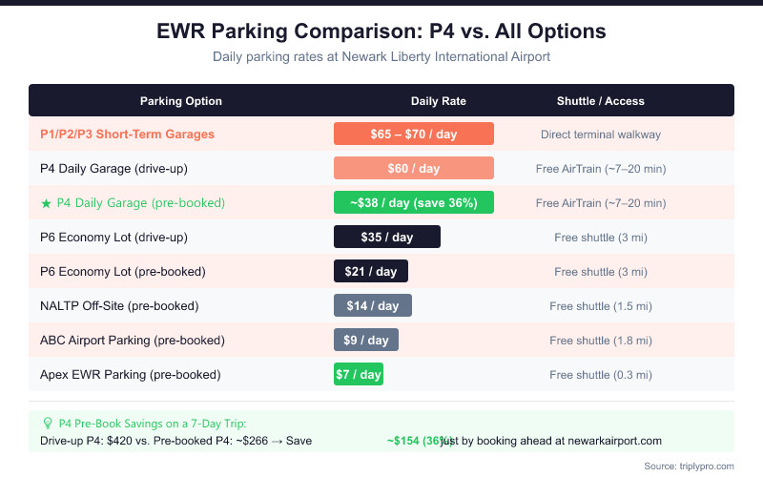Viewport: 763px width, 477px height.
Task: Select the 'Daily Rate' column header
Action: [x=439, y=101]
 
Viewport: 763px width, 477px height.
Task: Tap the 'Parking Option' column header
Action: [x=181, y=101]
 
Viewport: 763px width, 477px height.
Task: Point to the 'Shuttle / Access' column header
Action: [x=601, y=101]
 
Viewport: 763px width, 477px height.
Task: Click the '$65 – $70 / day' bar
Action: [x=413, y=135]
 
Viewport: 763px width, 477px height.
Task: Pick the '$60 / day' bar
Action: [x=413, y=169]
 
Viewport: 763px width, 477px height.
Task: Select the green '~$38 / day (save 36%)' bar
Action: [x=413, y=203]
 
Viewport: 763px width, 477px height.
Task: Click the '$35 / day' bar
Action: [x=386, y=238]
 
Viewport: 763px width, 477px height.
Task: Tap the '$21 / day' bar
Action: [x=370, y=272]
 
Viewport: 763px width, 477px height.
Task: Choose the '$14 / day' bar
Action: [x=372, y=306]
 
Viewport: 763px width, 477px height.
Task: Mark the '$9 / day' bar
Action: [x=365, y=341]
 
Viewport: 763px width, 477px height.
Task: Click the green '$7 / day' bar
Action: [x=358, y=375]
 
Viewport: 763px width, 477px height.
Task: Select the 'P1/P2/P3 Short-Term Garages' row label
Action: [x=127, y=135]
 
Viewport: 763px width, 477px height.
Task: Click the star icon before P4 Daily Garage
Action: [x=46, y=203]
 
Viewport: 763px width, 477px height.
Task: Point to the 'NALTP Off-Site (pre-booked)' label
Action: [x=119, y=306]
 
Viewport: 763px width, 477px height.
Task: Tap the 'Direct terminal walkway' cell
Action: [x=600, y=135]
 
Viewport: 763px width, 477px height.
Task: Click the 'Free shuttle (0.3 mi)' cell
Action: [x=601, y=375]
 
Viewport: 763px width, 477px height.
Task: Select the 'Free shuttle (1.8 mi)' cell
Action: [x=601, y=341]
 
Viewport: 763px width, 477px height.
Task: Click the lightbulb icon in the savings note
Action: [x=48, y=424]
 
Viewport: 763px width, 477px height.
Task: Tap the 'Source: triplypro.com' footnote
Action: [x=689, y=466]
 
